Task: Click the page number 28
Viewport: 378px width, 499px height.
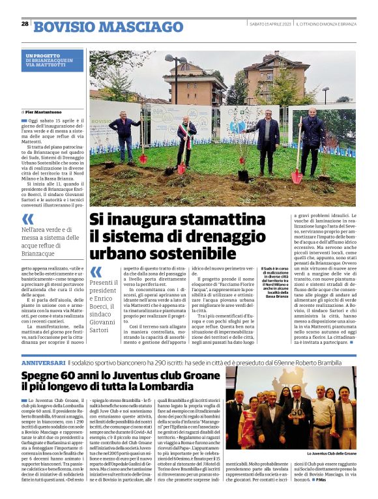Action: tap(25, 25)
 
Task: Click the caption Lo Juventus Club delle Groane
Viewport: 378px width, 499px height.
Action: tap(332, 452)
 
